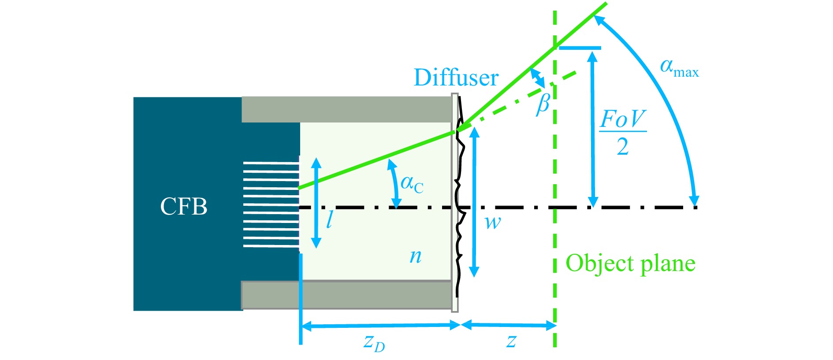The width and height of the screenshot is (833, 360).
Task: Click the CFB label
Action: [183, 206]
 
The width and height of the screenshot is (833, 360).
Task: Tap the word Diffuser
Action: [456, 78]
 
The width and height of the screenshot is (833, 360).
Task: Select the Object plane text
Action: [630, 264]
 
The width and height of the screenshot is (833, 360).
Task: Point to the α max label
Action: [679, 68]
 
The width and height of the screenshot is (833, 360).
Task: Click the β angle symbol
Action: [543, 104]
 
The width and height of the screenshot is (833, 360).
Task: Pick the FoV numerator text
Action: [623, 119]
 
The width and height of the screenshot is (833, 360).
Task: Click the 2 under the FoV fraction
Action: [623, 146]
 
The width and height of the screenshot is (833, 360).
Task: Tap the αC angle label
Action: [412, 184]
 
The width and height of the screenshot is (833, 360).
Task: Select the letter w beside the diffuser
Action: [493, 223]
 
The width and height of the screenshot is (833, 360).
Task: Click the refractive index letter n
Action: [415, 256]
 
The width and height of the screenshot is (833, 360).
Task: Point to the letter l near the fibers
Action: [329, 219]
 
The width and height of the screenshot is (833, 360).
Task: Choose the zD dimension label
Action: [374, 342]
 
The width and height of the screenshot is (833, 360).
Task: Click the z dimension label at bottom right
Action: [511, 341]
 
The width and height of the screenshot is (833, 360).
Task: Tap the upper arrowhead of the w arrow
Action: [474, 133]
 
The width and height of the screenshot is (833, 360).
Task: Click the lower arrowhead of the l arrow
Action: [316, 242]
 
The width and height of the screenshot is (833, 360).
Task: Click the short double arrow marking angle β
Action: [538, 78]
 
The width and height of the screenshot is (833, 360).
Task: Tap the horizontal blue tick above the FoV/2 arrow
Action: [580, 48]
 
